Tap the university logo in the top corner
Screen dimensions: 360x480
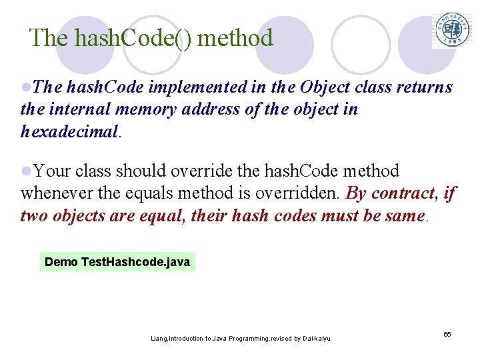[x=453, y=30]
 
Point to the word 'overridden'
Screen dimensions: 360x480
[x=305, y=193]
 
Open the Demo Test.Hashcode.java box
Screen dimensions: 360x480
[x=117, y=262]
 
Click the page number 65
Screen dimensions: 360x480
[x=447, y=333]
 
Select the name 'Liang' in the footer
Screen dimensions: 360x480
[x=159, y=339]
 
